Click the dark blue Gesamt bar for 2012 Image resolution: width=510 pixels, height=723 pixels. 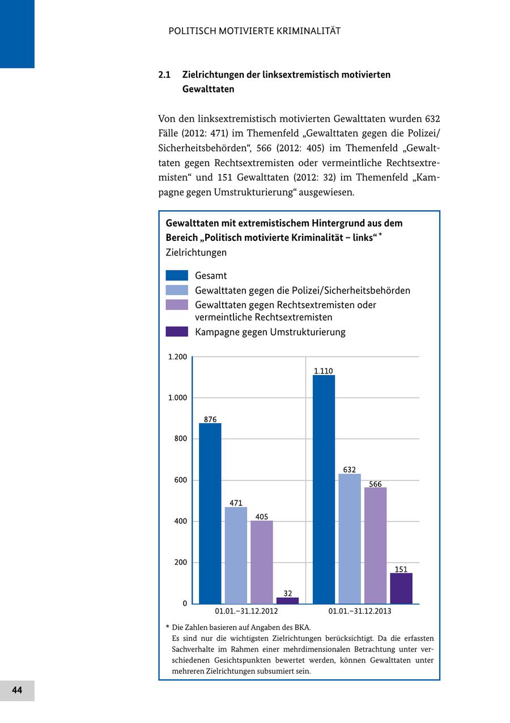(x=210, y=513)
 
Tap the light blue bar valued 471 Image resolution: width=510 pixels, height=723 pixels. (x=236, y=555)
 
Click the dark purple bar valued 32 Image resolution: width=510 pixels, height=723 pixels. (x=287, y=601)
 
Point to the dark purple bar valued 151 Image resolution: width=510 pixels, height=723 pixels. (x=401, y=588)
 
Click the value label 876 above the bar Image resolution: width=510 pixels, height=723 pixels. (x=210, y=419)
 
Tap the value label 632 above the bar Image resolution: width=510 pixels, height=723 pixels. (x=350, y=470)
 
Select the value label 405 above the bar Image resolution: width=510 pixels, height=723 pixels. (x=262, y=517)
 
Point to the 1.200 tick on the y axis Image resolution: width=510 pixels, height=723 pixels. (x=177, y=357)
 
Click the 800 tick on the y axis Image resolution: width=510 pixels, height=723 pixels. (x=180, y=439)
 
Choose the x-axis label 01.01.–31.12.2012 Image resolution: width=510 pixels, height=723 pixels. (x=246, y=611)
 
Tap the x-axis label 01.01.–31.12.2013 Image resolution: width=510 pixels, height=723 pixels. (x=360, y=611)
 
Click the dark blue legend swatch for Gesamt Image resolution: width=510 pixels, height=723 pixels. (x=177, y=275)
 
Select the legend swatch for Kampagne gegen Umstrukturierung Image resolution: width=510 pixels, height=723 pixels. (x=177, y=331)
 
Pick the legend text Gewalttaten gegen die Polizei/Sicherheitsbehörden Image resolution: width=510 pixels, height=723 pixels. (x=303, y=290)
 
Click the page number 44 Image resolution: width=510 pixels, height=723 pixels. (x=17, y=690)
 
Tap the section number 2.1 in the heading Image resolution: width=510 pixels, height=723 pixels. (x=164, y=75)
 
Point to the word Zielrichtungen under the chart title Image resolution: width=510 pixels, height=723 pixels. (x=196, y=252)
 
